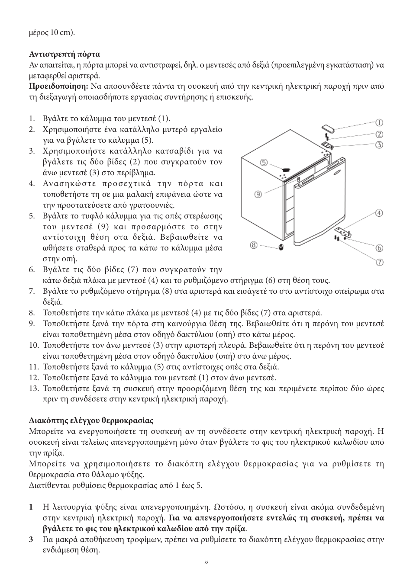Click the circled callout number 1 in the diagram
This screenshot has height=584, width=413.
[x=379, y=123]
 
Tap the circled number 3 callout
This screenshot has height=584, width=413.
[x=379, y=144]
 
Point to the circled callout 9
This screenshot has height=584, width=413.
[x=258, y=194]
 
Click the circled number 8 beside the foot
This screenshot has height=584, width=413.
[x=254, y=245]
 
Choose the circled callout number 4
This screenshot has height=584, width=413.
[x=379, y=213]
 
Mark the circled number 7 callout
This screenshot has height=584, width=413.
[x=379, y=262]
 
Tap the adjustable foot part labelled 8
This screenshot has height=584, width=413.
[x=281, y=247]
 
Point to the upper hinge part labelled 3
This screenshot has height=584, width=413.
[x=328, y=146]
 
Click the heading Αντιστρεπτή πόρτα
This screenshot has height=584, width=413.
[x=65, y=54]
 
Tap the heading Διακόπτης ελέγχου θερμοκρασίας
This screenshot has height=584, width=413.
[x=91, y=420]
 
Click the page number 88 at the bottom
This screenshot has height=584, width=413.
[x=206, y=563]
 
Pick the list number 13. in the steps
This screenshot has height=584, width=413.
[x=34, y=388]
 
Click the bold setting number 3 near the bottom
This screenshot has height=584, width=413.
[x=31, y=539]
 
